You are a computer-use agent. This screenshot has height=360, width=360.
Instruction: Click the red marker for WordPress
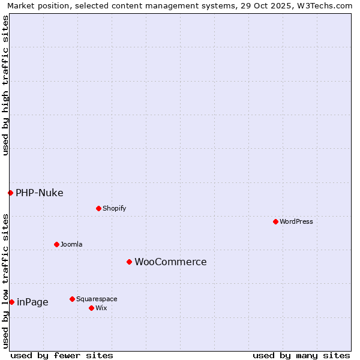(x=275, y=221)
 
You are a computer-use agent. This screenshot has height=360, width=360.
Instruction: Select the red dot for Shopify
(x=98, y=208)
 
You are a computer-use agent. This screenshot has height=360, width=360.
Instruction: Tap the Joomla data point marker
(x=56, y=244)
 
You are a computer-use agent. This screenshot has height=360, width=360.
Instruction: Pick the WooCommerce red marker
(x=129, y=262)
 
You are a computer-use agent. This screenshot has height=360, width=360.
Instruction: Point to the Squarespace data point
(x=72, y=299)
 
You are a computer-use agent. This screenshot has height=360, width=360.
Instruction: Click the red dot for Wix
(x=91, y=308)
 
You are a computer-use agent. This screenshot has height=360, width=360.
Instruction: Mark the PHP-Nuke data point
(x=10, y=193)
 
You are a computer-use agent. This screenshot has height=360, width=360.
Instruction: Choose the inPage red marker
(x=11, y=302)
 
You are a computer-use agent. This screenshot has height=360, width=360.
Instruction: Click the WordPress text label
(x=296, y=221)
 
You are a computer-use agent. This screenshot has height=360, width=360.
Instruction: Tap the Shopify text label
(x=114, y=208)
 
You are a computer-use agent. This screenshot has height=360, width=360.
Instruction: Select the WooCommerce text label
(x=170, y=262)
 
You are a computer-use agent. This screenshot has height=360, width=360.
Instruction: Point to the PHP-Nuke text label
(x=40, y=193)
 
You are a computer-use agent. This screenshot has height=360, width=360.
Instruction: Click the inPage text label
(x=32, y=302)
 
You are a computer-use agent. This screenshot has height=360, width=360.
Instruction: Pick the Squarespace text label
(x=97, y=299)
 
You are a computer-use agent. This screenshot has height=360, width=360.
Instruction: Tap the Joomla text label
(x=71, y=244)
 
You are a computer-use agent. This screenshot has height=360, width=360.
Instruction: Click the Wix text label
(x=101, y=308)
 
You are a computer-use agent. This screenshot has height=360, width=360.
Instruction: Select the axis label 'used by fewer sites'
(x=62, y=355)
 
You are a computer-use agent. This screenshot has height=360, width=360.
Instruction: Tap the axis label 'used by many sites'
(x=301, y=355)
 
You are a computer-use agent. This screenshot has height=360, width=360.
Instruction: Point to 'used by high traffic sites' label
(x=5, y=85)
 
